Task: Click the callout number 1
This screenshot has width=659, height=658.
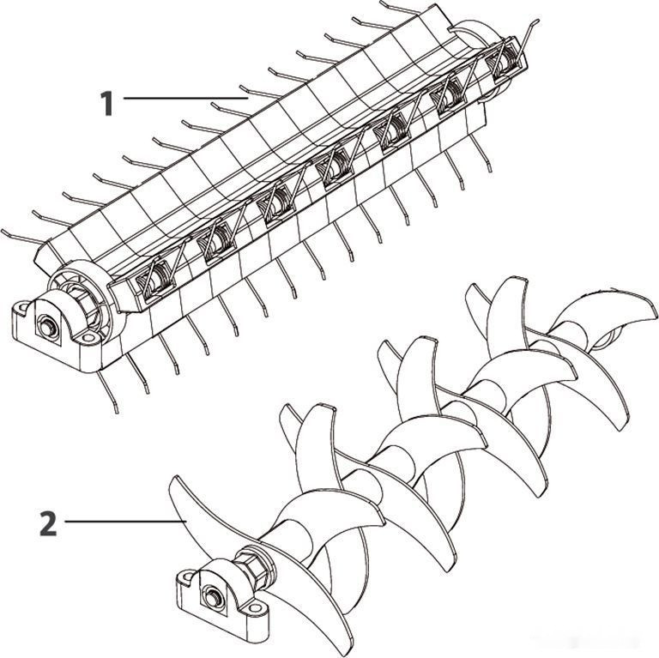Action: pyautogui.click(x=106, y=103)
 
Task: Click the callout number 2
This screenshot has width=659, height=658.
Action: pyautogui.click(x=48, y=523)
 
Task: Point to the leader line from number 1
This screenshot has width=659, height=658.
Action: pyautogui.click(x=185, y=99)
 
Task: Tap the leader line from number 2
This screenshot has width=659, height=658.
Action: pyautogui.click(x=125, y=522)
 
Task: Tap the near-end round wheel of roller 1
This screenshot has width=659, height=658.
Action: pyautogui.click(x=80, y=294)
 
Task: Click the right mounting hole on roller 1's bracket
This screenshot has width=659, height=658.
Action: pyautogui.click(x=88, y=337)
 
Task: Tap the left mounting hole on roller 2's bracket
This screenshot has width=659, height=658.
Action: pyautogui.click(x=186, y=577)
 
